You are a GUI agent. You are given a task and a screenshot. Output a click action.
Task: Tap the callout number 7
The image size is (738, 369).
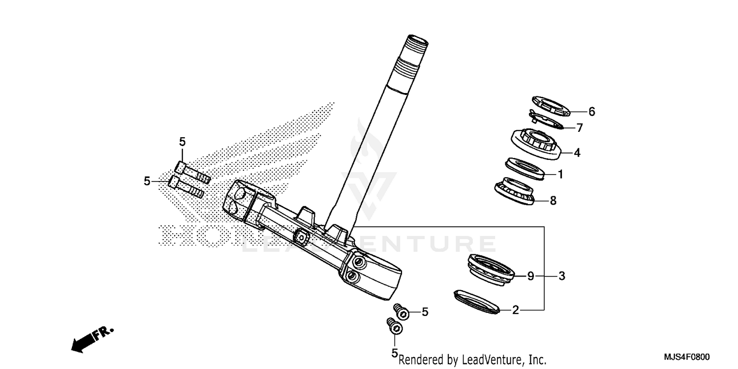579,128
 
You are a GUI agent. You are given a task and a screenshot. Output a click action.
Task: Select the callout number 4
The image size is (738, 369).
577,153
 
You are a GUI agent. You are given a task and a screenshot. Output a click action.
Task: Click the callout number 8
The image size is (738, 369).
553,201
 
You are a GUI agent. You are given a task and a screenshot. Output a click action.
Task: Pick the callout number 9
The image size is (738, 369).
530,277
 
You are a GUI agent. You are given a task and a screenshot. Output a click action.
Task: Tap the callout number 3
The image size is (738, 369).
561,277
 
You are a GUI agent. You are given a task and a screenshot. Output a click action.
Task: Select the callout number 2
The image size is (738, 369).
515,310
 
